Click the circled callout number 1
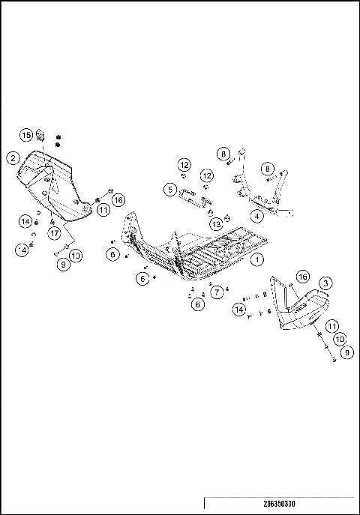tap(257, 259)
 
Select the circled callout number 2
tap(13, 157)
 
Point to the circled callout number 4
tap(257, 216)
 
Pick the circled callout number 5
tap(172, 190)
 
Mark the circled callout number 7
tap(217, 292)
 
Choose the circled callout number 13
tap(216, 223)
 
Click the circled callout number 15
tap(27, 135)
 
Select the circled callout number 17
tap(55, 233)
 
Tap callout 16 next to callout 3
tap(302, 277)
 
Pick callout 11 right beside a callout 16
tap(103, 211)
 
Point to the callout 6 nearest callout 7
tap(197, 304)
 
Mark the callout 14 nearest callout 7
tap(239, 308)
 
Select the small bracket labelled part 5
tap(193, 197)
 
